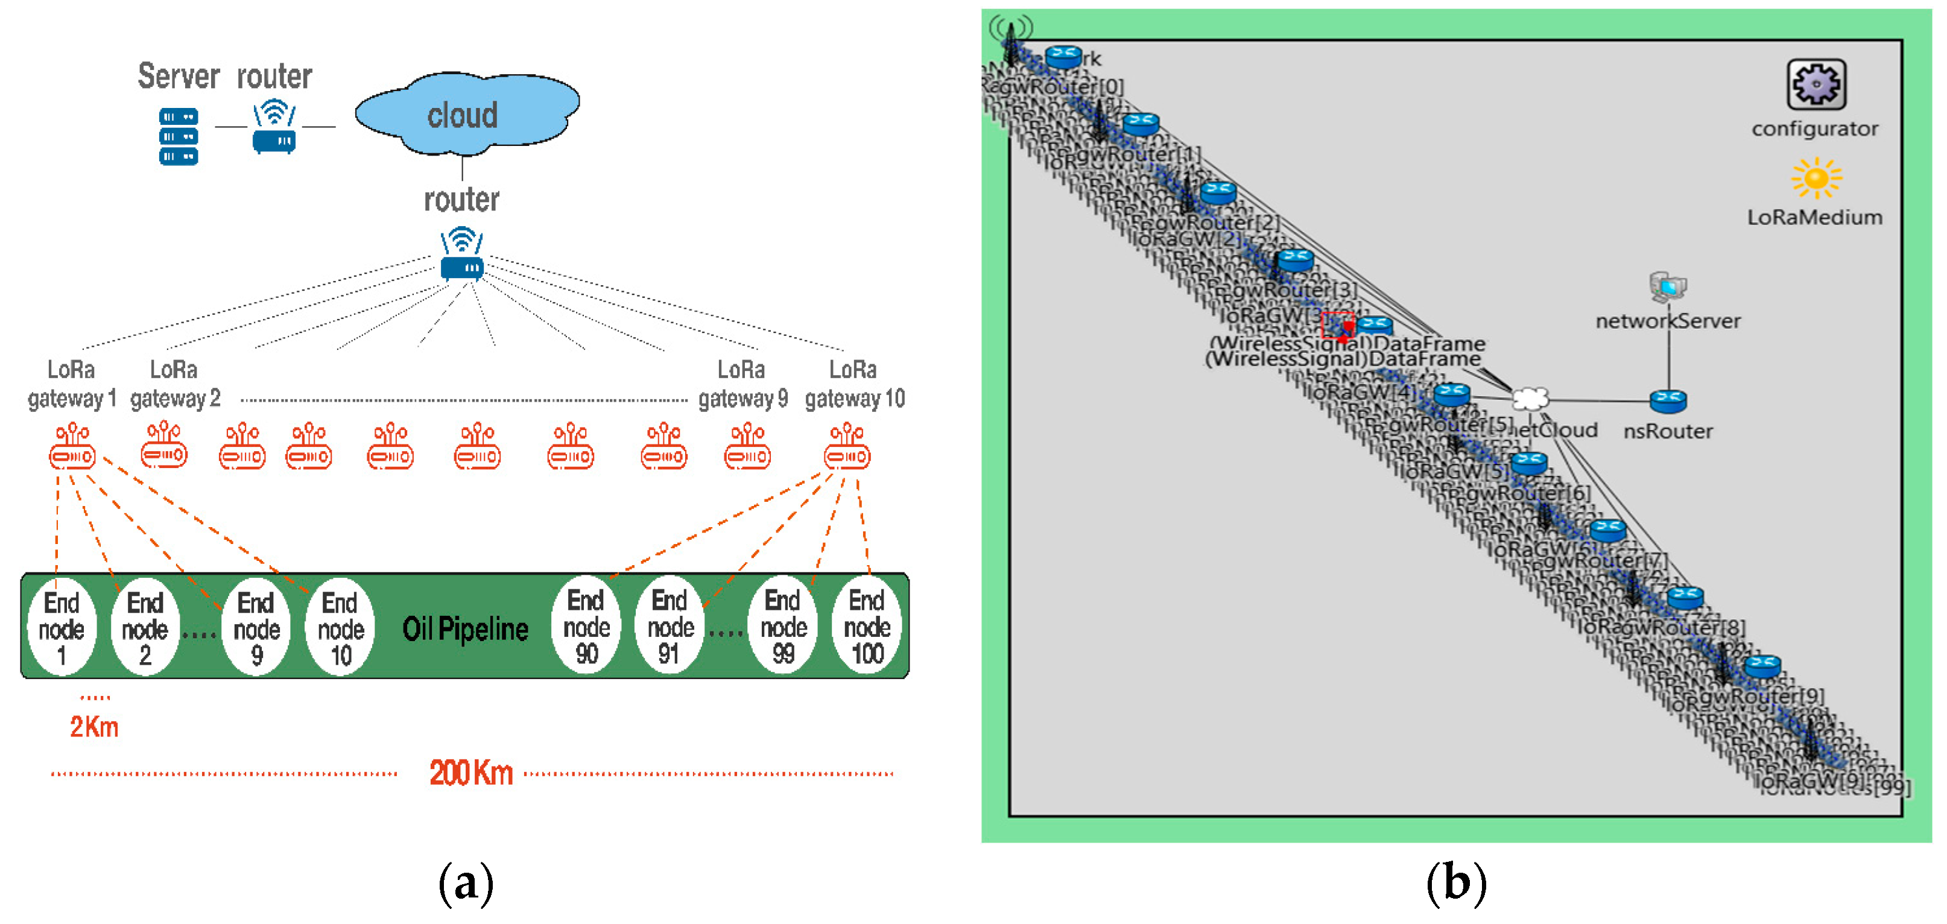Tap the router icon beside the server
[x=274, y=129]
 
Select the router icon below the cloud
[x=462, y=255]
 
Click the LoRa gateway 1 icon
[x=72, y=448]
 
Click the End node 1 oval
[x=62, y=627]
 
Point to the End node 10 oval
[x=340, y=627]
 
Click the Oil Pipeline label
[x=465, y=628]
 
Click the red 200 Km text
[x=471, y=773]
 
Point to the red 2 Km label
[x=95, y=727]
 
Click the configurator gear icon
[x=1816, y=84]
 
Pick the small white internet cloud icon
[x=1530, y=398]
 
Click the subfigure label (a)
[x=466, y=882]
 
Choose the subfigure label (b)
[x=1455, y=882]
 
